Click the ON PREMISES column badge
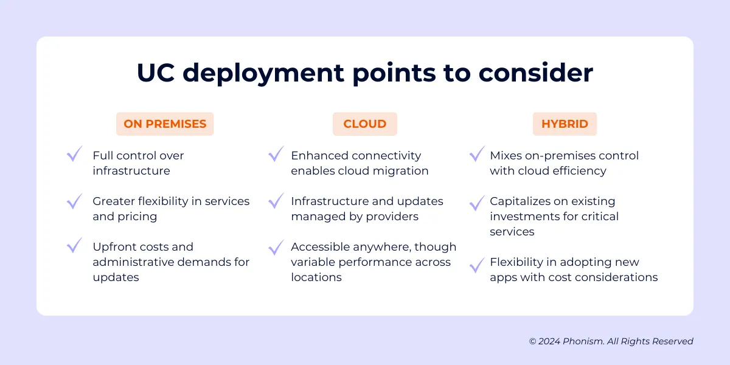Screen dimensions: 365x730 165,124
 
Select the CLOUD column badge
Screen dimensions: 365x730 364,124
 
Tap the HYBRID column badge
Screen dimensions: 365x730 565,124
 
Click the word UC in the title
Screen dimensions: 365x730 155,73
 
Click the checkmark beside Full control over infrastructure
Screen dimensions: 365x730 75,154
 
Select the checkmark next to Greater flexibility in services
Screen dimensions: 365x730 75,200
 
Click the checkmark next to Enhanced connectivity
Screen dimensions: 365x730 276,154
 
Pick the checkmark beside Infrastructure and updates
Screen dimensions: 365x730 276,200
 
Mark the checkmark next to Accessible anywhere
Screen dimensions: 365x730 276,246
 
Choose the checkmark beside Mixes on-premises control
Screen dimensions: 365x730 477,154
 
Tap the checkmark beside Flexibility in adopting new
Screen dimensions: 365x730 477,265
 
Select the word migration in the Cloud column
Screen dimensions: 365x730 401,171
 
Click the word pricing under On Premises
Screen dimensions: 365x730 137,217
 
